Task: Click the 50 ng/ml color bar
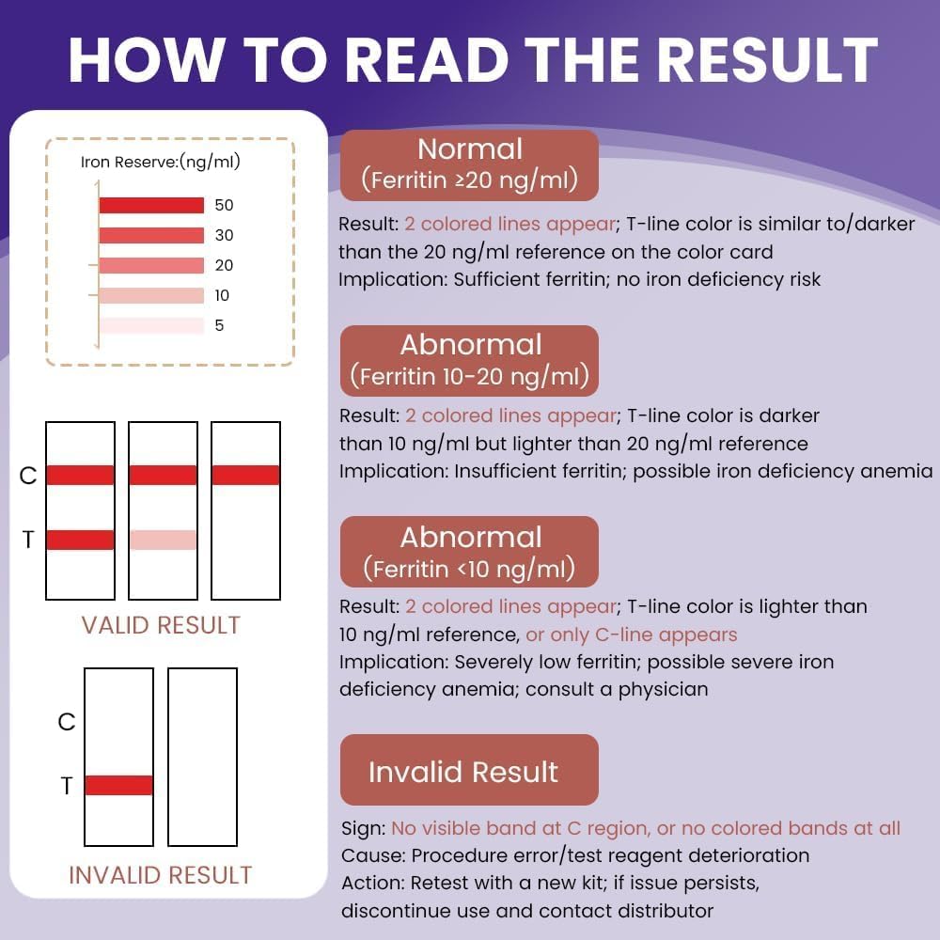(x=151, y=205)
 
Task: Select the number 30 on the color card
(x=224, y=235)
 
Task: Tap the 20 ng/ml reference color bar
(x=151, y=265)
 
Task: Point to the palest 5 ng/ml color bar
(x=151, y=325)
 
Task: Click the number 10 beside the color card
(x=222, y=295)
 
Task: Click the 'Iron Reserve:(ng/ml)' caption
(x=161, y=162)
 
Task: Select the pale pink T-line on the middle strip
(x=163, y=540)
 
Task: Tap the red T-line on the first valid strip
(x=80, y=540)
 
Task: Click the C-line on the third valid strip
(x=245, y=475)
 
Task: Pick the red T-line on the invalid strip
(x=118, y=785)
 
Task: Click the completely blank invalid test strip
(x=202, y=757)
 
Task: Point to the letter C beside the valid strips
(x=28, y=476)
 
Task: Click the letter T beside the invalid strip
(x=67, y=786)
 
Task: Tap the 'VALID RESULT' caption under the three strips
(x=161, y=625)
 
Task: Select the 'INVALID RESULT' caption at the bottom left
(x=161, y=875)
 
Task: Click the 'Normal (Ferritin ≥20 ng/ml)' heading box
(x=469, y=164)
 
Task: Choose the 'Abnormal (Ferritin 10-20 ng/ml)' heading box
(x=469, y=360)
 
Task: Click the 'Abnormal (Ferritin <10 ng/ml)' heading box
(x=469, y=552)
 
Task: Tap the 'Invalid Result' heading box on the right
(x=469, y=771)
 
